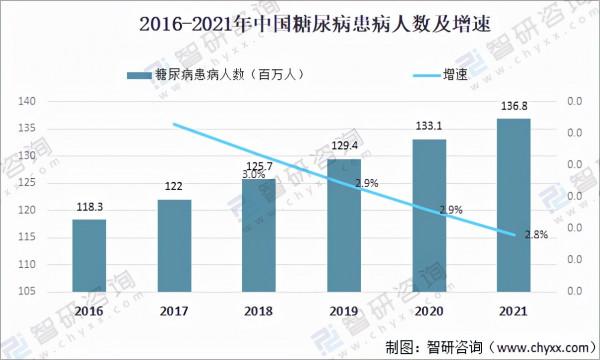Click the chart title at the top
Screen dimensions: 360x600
[299, 22]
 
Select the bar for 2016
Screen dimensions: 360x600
[89, 255]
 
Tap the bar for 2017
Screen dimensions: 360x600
[174, 245]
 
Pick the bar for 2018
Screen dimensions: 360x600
[259, 236]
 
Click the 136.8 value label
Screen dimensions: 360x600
[513, 108]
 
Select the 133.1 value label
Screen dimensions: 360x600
[429, 127]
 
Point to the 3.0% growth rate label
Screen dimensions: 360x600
[254, 174]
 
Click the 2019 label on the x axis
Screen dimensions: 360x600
[344, 312]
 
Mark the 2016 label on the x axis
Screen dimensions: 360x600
[89, 312]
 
